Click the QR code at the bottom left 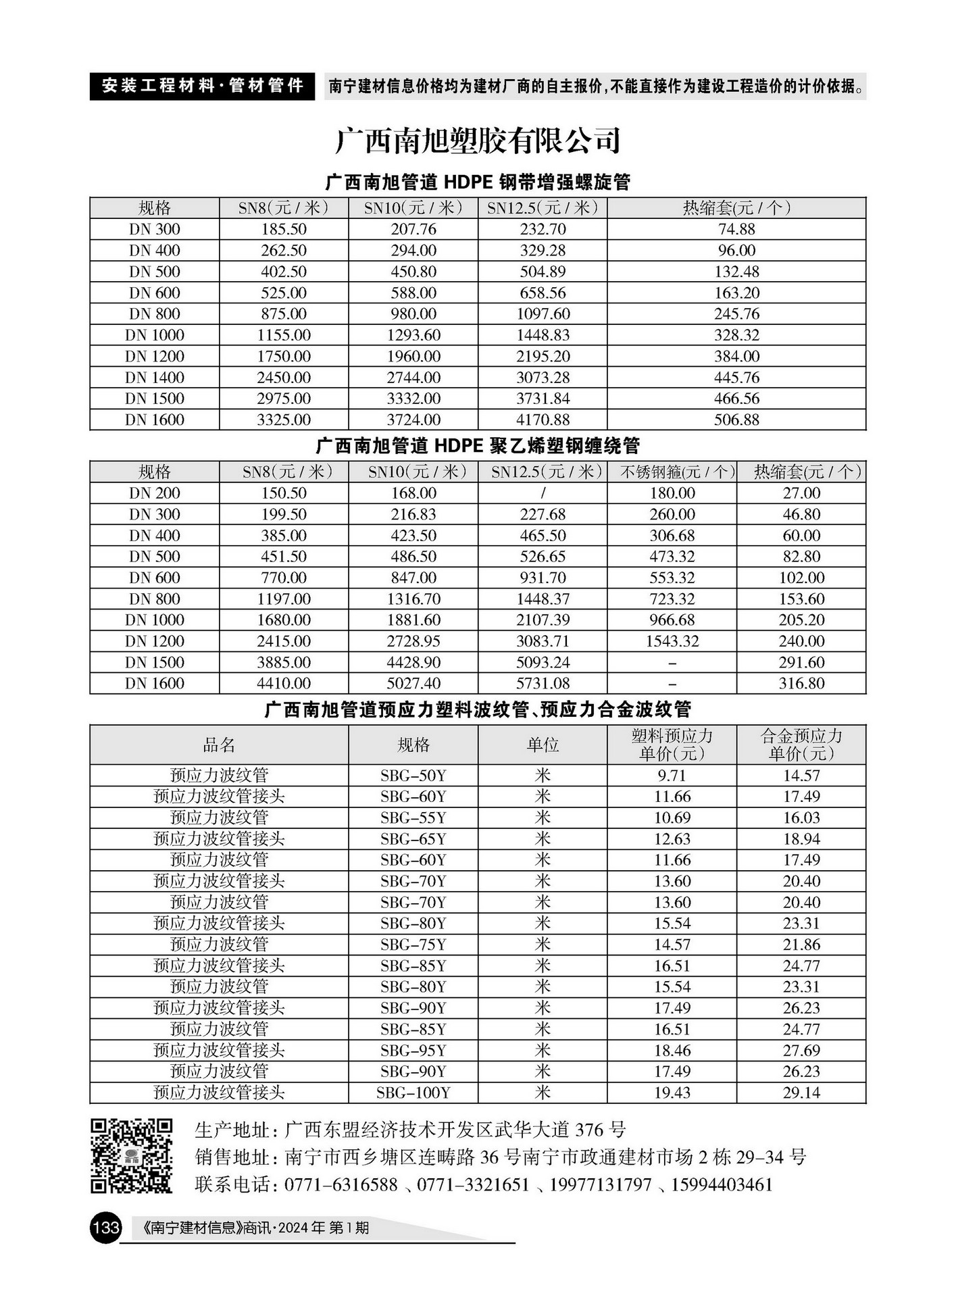point(132,1156)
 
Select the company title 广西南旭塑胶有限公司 point(478,141)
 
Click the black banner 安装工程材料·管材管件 point(202,86)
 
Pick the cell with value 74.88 point(736,229)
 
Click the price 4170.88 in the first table point(543,420)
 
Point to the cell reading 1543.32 point(672,641)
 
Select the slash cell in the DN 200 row point(543,493)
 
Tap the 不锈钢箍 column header point(672,472)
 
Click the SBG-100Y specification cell point(413,1092)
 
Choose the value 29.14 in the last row point(801,1092)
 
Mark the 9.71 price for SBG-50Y point(672,775)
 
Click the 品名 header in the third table point(219,745)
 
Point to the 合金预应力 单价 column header point(801,745)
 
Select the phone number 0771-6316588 point(341,1184)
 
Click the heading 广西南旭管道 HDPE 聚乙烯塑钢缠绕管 point(478,446)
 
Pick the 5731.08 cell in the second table point(543,683)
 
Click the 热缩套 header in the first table point(736,208)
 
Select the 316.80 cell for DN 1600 point(801,683)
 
